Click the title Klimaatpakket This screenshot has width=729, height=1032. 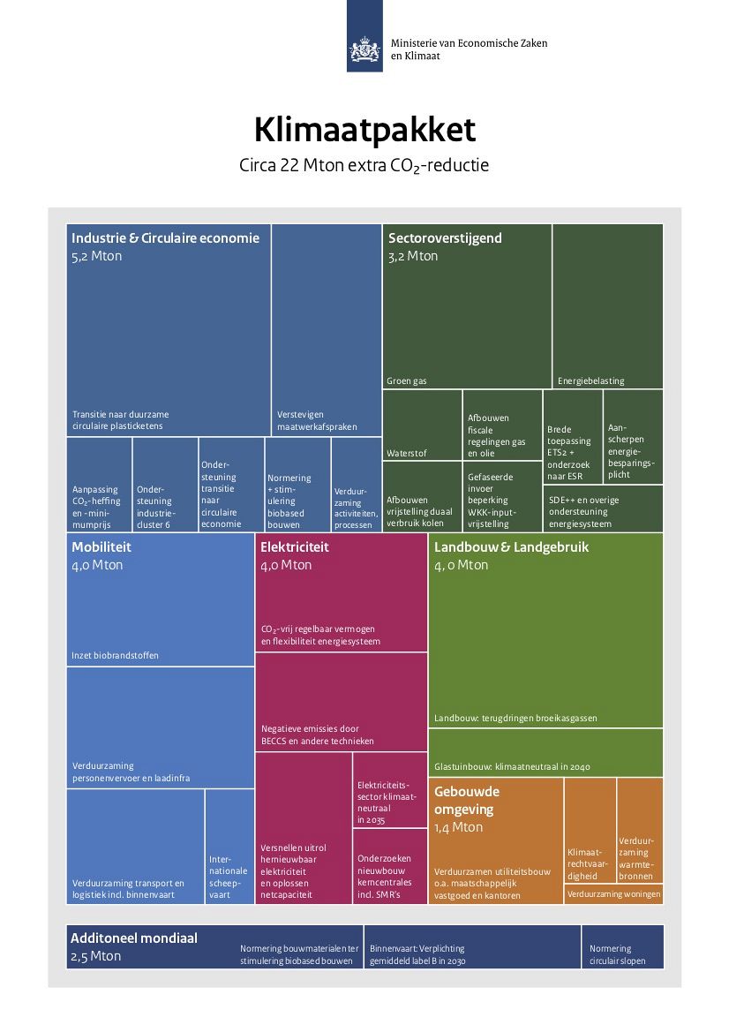(x=364, y=130)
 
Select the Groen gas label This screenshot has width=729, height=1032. (x=407, y=381)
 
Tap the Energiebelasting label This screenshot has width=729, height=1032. (x=590, y=381)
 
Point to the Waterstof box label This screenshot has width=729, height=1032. (x=407, y=454)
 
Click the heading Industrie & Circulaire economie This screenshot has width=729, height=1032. (x=165, y=238)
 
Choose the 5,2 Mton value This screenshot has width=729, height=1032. (x=97, y=256)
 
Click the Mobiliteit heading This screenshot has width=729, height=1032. (x=101, y=547)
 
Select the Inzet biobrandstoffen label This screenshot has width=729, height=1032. (x=115, y=656)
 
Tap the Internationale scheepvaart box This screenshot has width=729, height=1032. (x=229, y=847)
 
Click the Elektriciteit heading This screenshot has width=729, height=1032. (x=294, y=547)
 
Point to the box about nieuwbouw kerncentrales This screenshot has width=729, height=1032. (x=390, y=866)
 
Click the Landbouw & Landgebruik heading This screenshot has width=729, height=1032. (x=511, y=547)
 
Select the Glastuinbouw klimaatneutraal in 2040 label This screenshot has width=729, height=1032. (x=512, y=767)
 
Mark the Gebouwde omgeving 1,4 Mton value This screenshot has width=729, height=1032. (x=459, y=827)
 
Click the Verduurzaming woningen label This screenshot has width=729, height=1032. (x=614, y=893)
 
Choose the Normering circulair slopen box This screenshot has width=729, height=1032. (x=622, y=947)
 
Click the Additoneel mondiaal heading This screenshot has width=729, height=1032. (x=133, y=938)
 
